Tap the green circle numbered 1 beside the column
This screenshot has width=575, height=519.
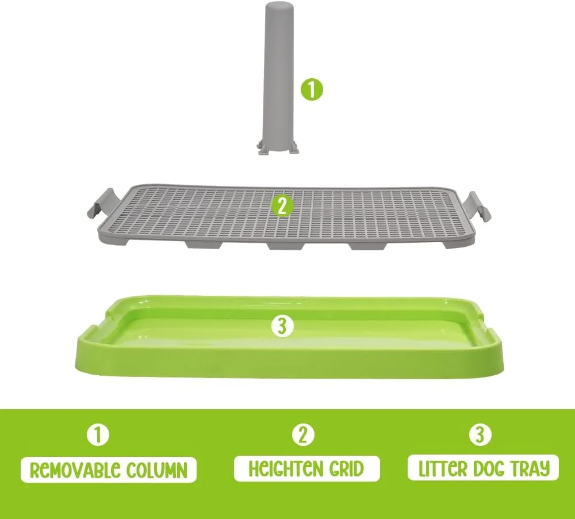[312, 89]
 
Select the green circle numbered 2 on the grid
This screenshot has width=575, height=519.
[282, 207]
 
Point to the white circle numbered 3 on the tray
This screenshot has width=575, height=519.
[282, 326]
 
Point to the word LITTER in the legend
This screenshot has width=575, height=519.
[442, 468]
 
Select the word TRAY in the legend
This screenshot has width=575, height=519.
[531, 468]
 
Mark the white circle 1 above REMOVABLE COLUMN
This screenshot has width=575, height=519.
[98, 436]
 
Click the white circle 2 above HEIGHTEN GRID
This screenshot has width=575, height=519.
[303, 434]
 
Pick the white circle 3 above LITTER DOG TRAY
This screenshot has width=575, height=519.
[480, 434]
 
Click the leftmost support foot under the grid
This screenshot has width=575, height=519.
[204, 245]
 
